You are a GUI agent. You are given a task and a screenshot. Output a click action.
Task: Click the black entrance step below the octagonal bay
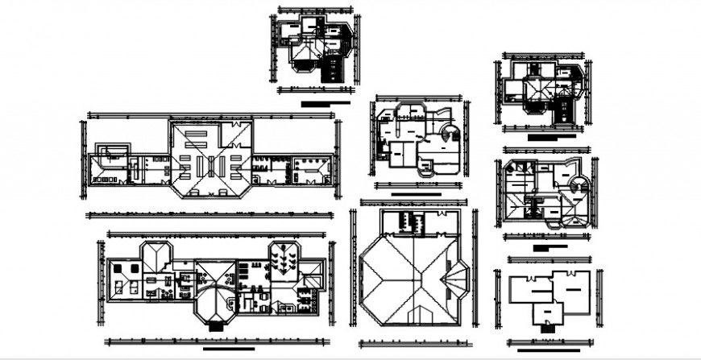point(215,327)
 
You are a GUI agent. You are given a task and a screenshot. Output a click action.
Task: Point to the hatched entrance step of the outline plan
point(548,326)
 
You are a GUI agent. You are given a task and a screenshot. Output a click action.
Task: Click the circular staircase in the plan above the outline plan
point(577,188)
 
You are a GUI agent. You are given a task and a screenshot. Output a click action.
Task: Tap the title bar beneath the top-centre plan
point(326,103)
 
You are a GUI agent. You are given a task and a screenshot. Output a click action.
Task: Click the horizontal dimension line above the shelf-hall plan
point(210,114)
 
